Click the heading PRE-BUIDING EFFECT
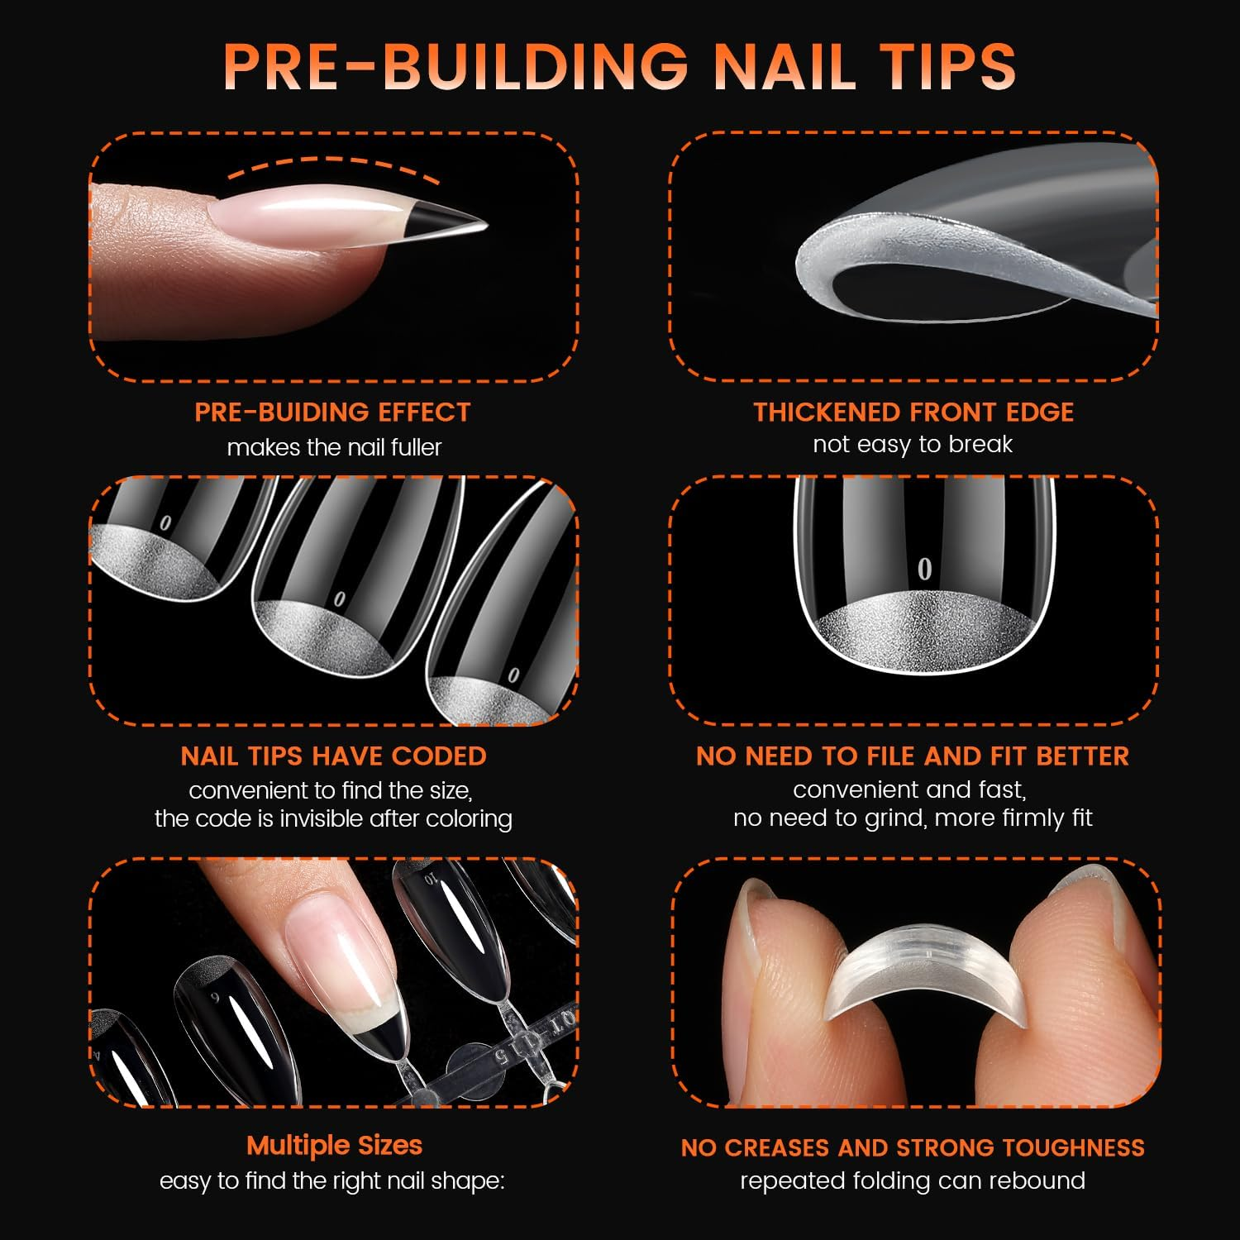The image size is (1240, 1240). click(332, 412)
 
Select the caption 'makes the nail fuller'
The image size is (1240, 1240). click(334, 447)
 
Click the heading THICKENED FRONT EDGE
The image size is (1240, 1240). click(913, 412)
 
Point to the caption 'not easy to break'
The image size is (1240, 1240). click(913, 445)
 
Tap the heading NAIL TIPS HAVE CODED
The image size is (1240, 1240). click(333, 756)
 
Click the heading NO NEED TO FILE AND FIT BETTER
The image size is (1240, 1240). click(913, 756)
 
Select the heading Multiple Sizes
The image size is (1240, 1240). click(334, 1145)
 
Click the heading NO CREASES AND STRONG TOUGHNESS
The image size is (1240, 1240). click(913, 1147)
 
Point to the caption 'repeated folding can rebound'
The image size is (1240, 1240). click(913, 1180)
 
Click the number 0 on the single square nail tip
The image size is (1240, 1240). click(924, 569)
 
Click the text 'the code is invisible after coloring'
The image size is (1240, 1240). click(333, 818)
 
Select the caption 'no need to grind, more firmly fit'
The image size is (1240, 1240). click(913, 818)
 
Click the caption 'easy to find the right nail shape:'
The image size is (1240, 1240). click(332, 1180)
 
